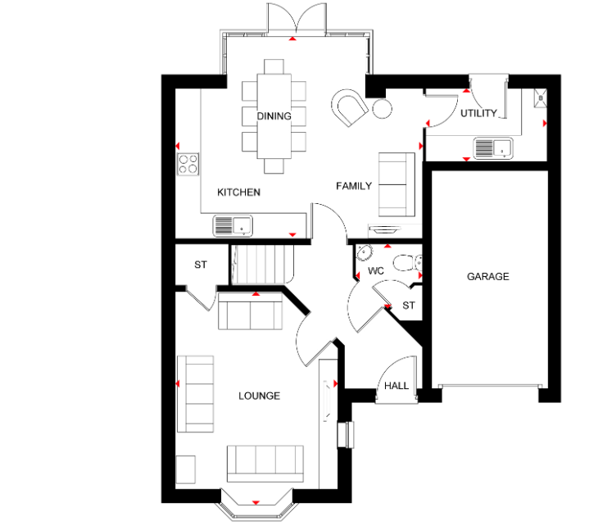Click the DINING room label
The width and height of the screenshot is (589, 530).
tap(274, 116)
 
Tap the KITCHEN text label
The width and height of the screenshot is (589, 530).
tap(238, 193)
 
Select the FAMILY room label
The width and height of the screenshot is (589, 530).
tap(354, 186)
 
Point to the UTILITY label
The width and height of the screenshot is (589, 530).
tap(478, 113)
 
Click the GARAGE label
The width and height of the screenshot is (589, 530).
tap(488, 277)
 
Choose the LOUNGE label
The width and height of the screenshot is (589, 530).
tap(259, 396)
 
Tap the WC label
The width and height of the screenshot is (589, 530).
tap(376, 271)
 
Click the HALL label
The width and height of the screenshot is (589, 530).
tap(396, 386)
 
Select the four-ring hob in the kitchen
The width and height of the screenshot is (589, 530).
tap(188, 164)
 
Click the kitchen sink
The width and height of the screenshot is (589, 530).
tap(233, 226)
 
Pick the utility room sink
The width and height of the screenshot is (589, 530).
tap(493, 148)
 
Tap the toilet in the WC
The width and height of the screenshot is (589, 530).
tap(408, 263)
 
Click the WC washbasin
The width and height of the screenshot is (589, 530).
tap(364, 252)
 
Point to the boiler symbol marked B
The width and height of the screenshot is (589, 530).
tap(541, 98)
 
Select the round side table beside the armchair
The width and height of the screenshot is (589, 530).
tap(382, 109)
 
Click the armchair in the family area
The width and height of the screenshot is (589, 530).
tap(349, 107)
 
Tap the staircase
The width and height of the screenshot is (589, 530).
tap(262, 265)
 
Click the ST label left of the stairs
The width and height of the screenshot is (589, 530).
tap(201, 265)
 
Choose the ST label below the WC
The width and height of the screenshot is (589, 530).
tap(409, 306)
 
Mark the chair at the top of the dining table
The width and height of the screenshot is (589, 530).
tap(274, 66)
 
